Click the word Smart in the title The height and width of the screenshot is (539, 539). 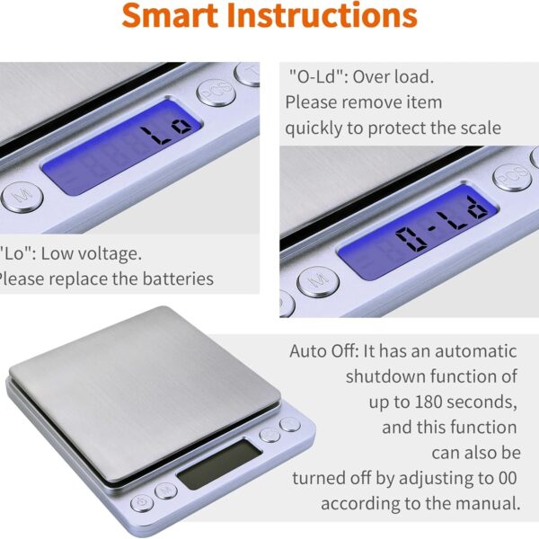(173, 16)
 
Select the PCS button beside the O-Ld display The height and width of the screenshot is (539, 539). (511, 177)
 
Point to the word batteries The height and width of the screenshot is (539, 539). (176, 278)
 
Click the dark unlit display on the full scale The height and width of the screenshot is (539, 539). (216, 465)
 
